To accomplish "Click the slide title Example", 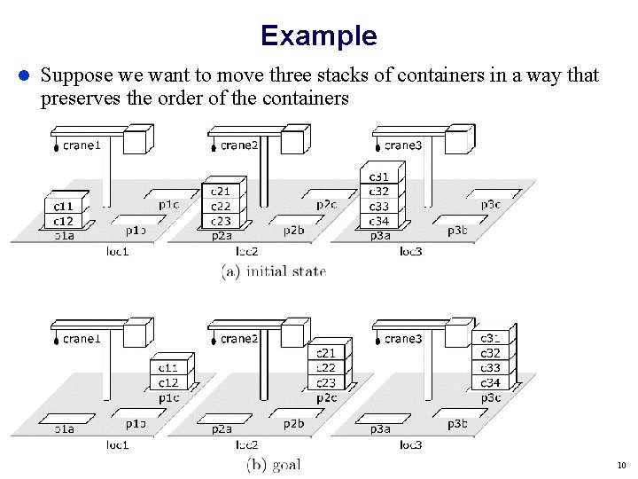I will pyautogui.click(x=318, y=35).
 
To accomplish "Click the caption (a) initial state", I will pyautogui.click(x=274, y=272).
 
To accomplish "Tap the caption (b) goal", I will pyautogui.click(x=274, y=464).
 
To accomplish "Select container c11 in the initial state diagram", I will pyautogui.click(x=64, y=207).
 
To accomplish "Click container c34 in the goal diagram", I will pyautogui.click(x=490, y=382).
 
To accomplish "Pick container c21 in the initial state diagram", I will pyautogui.click(x=220, y=192).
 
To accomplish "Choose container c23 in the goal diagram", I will pyautogui.click(x=326, y=383).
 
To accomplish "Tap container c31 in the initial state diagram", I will pyautogui.click(x=378, y=177).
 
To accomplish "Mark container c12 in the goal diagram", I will pyautogui.click(x=168, y=382).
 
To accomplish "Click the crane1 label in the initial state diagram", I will pyautogui.click(x=82, y=145).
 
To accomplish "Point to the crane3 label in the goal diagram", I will pyautogui.click(x=402, y=338).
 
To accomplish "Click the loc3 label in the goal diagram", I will pyautogui.click(x=410, y=444).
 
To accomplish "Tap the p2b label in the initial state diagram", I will pyautogui.click(x=293, y=231).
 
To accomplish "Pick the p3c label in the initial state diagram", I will pyautogui.click(x=490, y=205).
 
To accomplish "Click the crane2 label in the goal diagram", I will pyautogui.click(x=239, y=338).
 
